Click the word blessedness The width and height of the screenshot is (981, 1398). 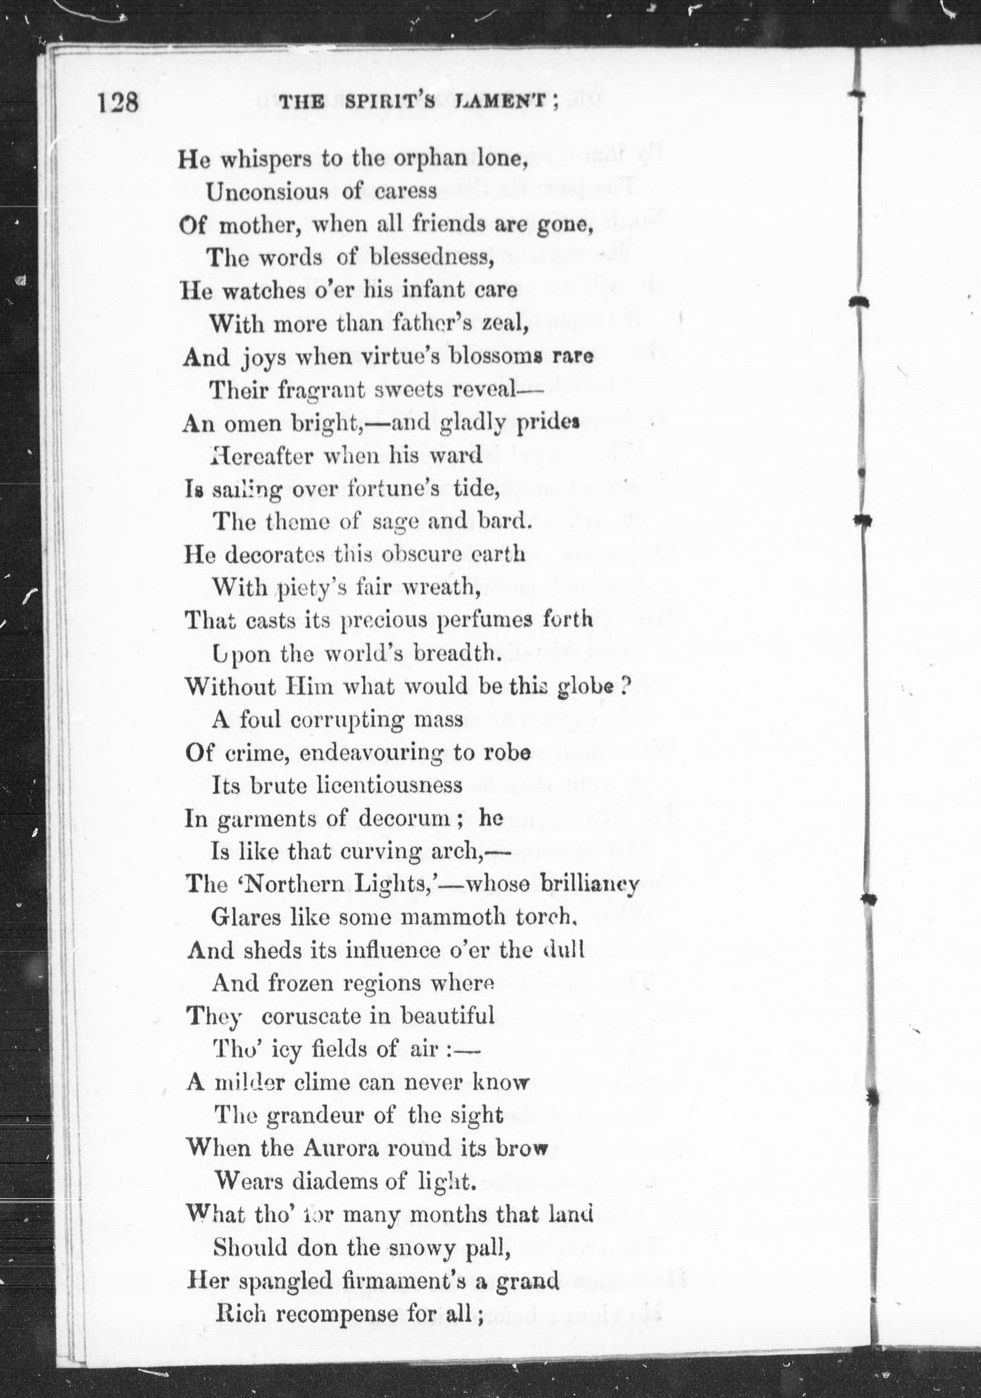point(431,258)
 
